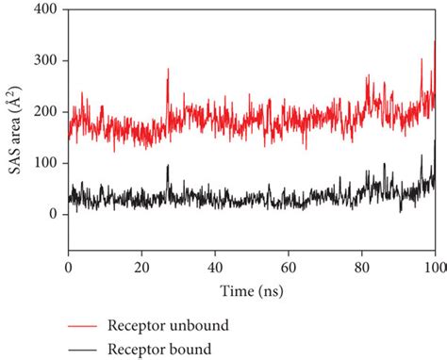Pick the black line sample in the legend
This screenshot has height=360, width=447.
pyautogui.click(x=94, y=348)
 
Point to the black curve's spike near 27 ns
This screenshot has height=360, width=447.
pyautogui.click(x=168, y=166)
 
